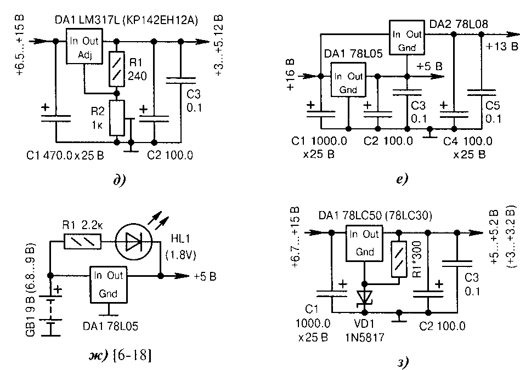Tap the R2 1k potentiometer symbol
(117, 118)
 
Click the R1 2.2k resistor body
(81, 241)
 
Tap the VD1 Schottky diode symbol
(364, 297)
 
